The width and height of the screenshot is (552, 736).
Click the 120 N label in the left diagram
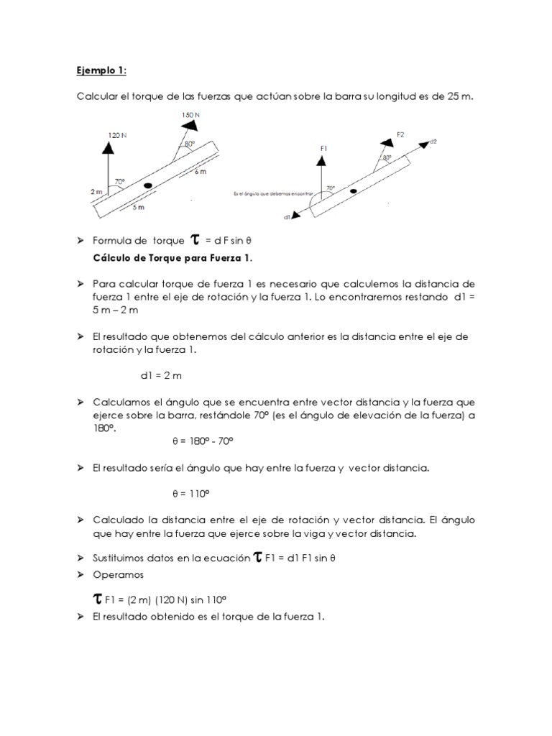coord(118,134)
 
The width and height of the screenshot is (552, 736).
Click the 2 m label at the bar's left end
coord(96,192)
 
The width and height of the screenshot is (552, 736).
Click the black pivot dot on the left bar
coord(148,185)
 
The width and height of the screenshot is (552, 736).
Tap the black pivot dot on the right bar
coord(353,191)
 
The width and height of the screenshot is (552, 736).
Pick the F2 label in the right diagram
coord(400,134)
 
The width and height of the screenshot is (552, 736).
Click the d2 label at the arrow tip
coord(433,142)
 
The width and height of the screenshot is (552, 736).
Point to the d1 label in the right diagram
coord(287,216)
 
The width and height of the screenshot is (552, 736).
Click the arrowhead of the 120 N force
coord(109,147)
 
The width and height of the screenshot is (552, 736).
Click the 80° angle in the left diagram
coord(189,144)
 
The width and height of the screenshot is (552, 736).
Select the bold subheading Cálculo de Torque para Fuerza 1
coord(173,257)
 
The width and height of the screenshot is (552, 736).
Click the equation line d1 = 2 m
coord(162,374)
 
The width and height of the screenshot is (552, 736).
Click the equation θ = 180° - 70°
coord(203,440)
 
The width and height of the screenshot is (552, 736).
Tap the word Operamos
coord(119,574)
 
